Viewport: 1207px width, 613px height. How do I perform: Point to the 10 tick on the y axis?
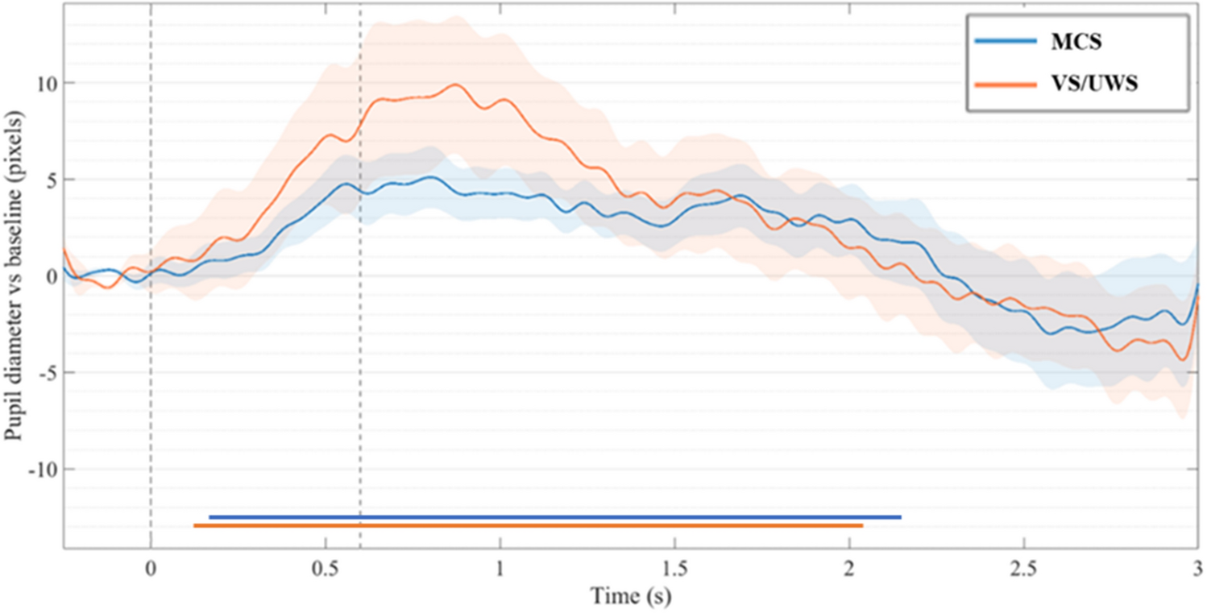(x=45, y=83)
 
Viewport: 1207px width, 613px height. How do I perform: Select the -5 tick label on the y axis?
(x=45, y=372)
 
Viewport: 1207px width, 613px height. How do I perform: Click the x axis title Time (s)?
(x=631, y=597)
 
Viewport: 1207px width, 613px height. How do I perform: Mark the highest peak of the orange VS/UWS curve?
(x=457, y=84)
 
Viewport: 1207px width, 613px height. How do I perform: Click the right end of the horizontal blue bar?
(x=900, y=517)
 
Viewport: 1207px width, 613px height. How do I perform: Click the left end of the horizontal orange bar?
(x=195, y=526)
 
